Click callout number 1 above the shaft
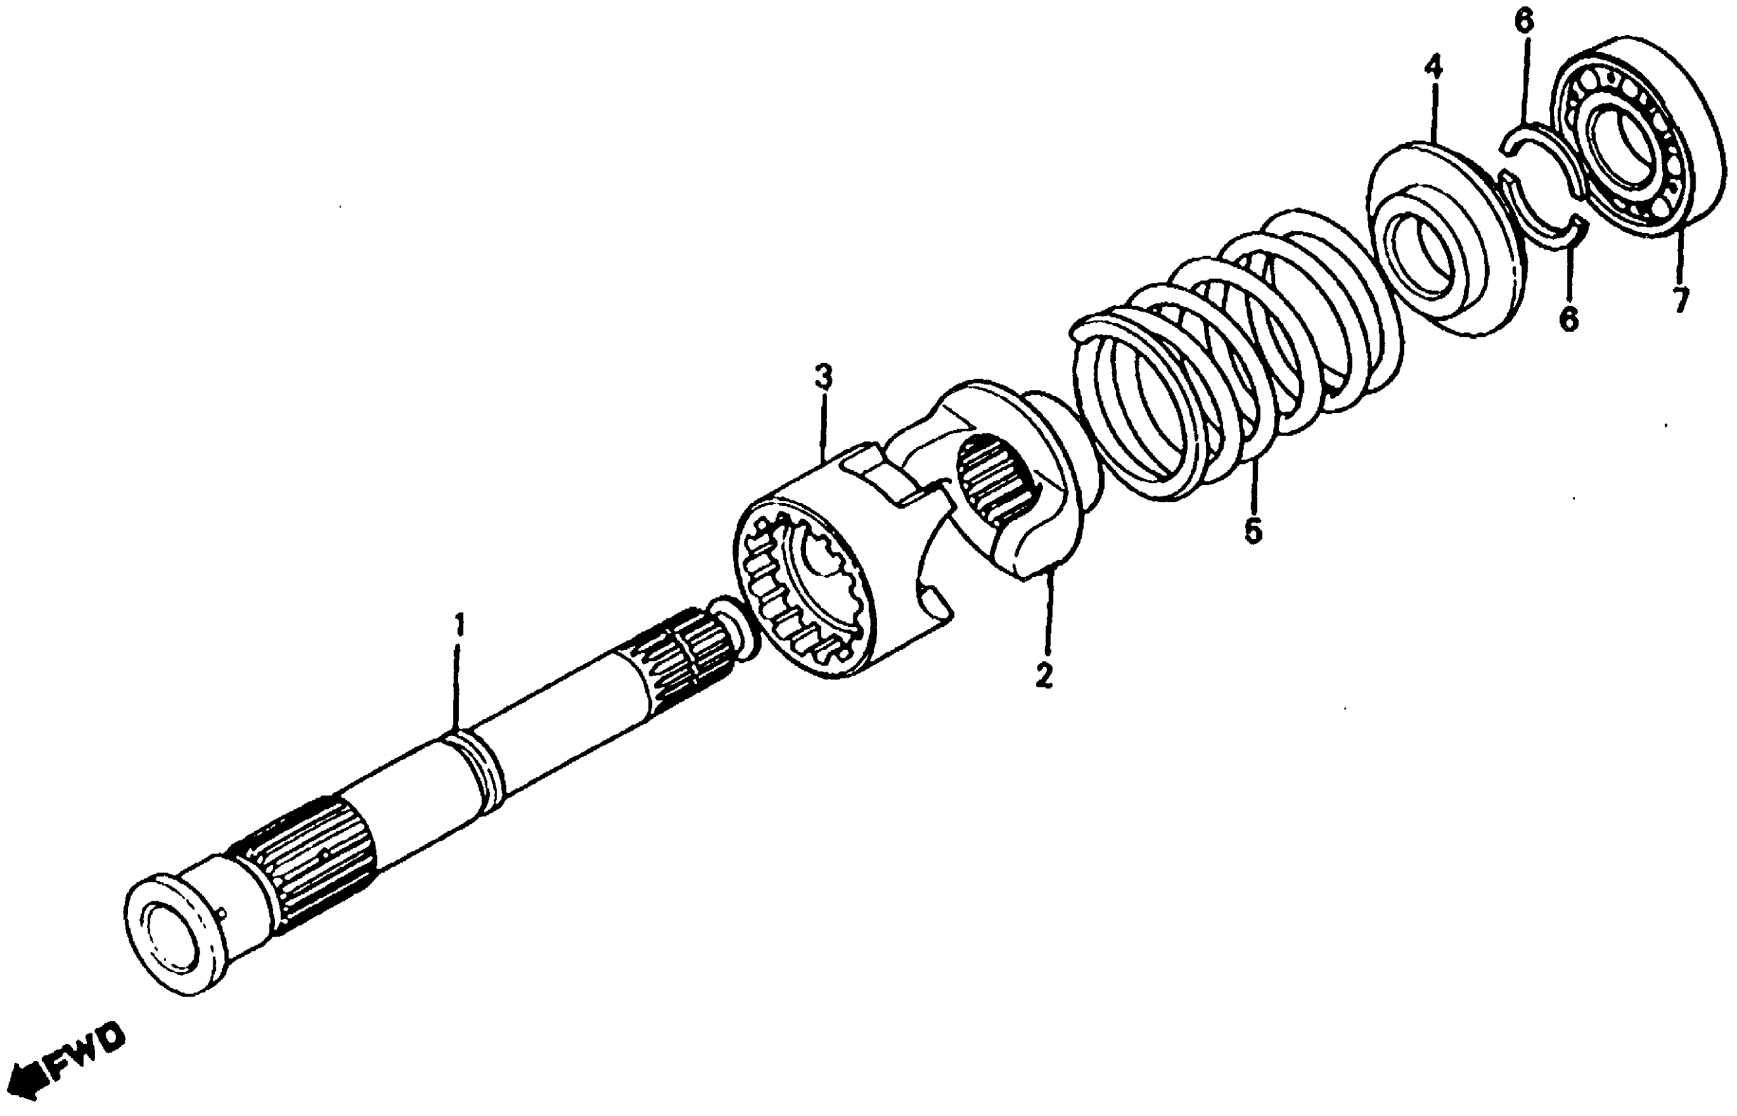point(458,626)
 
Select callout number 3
point(823,377)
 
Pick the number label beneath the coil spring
point(1253,531)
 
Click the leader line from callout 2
point(1048,616)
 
